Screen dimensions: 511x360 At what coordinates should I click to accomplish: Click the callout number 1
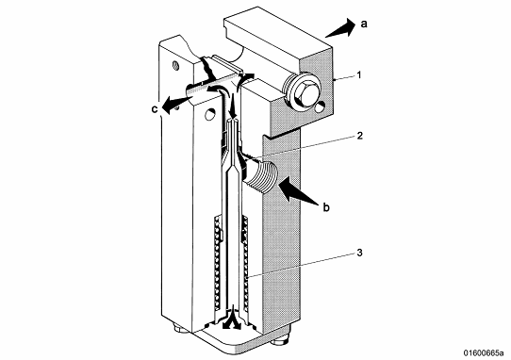click(x=359, y=75)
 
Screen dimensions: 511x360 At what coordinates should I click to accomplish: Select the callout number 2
click(x=359, y=136)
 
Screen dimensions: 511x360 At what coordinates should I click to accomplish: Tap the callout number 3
click(x=359, y=253)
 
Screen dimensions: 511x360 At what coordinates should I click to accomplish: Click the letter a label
click(x=364, y=24)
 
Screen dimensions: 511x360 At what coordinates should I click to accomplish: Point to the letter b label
click(x=326, y=207)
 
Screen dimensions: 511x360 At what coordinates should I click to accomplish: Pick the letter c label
click(x=155, y=109)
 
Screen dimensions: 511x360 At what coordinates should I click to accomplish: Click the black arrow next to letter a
click(x=340, y=28)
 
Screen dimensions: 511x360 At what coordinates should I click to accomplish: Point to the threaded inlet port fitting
click(x=261, y=173)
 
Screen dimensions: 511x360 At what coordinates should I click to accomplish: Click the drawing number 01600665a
click(x=484, y=352)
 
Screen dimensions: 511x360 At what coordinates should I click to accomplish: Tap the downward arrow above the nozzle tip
click(x=233, y=105)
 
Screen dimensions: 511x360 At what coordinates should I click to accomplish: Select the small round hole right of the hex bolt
click(x=321, y=106)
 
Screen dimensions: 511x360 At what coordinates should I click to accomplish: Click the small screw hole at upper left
click(x=175, y=65)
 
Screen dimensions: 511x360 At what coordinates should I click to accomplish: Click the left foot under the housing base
click(x=179, y=329)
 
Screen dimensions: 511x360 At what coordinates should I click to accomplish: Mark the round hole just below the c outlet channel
click(x=210, y=114)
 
